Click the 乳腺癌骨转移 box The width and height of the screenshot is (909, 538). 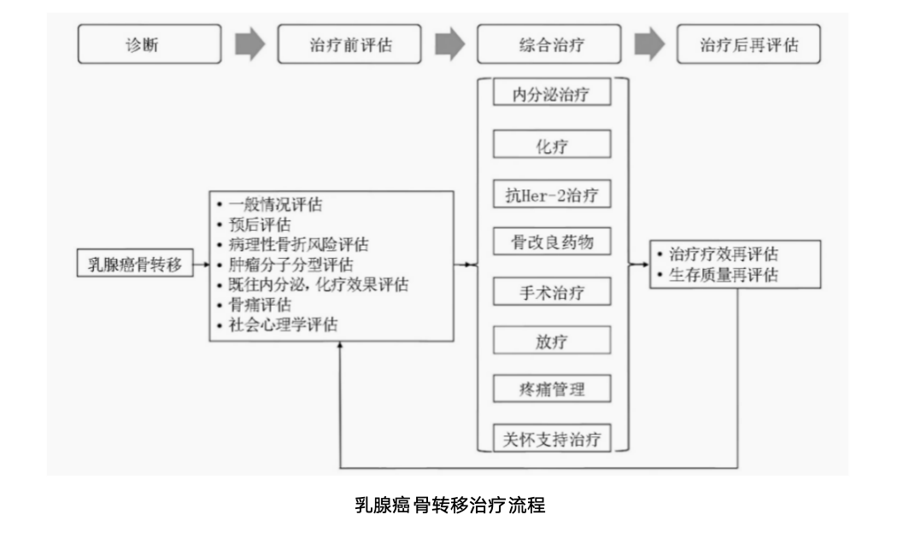[135, 263]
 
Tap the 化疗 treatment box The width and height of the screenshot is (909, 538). [553, 144]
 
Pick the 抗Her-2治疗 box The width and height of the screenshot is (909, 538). [553, 194]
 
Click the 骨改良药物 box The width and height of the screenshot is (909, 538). [553, 243]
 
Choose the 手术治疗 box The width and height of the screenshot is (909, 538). [553, 292]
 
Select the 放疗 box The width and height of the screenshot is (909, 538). [553, 342]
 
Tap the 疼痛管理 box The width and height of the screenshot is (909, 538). [553, 390]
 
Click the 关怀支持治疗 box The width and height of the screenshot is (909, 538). [553, 439]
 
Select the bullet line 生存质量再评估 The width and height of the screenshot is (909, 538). [723, 275]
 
